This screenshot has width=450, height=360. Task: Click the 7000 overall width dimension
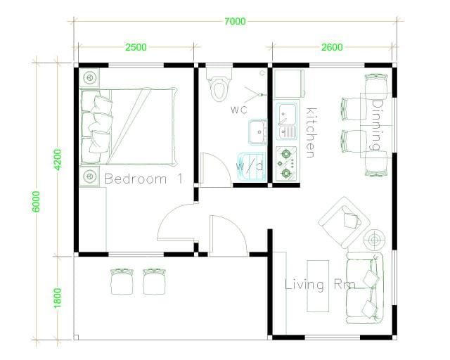click(235, 21)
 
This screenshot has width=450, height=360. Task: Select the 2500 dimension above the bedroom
click(136, 47)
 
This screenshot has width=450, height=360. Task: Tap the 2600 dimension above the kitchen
click(332, 47)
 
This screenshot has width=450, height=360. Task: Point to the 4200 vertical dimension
click(58, 160)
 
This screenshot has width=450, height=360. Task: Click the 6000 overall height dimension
click(36, 202)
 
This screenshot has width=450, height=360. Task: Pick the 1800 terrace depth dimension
click(58, 298)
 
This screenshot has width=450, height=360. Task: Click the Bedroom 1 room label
click(143, 179)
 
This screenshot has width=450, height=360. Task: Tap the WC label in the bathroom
click(239, 110)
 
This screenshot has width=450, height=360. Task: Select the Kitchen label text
click(311, 133)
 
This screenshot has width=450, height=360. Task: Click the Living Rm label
click(320, 285)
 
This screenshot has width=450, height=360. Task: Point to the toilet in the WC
click(219, 84)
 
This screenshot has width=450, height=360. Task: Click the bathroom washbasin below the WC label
click(258, 132)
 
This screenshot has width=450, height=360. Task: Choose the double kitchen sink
click(286, 122)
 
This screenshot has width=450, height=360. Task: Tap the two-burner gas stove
click(286, 164)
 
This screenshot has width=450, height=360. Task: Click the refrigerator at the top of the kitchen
click(289, 83)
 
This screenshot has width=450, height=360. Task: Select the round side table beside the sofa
click(374, 240)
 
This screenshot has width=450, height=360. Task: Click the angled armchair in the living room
click(344, 222)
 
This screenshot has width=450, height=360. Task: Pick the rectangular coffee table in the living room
click(318, 286)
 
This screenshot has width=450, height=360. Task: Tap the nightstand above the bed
click(89, 77)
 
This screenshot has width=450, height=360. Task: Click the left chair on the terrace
click(122, 281)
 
